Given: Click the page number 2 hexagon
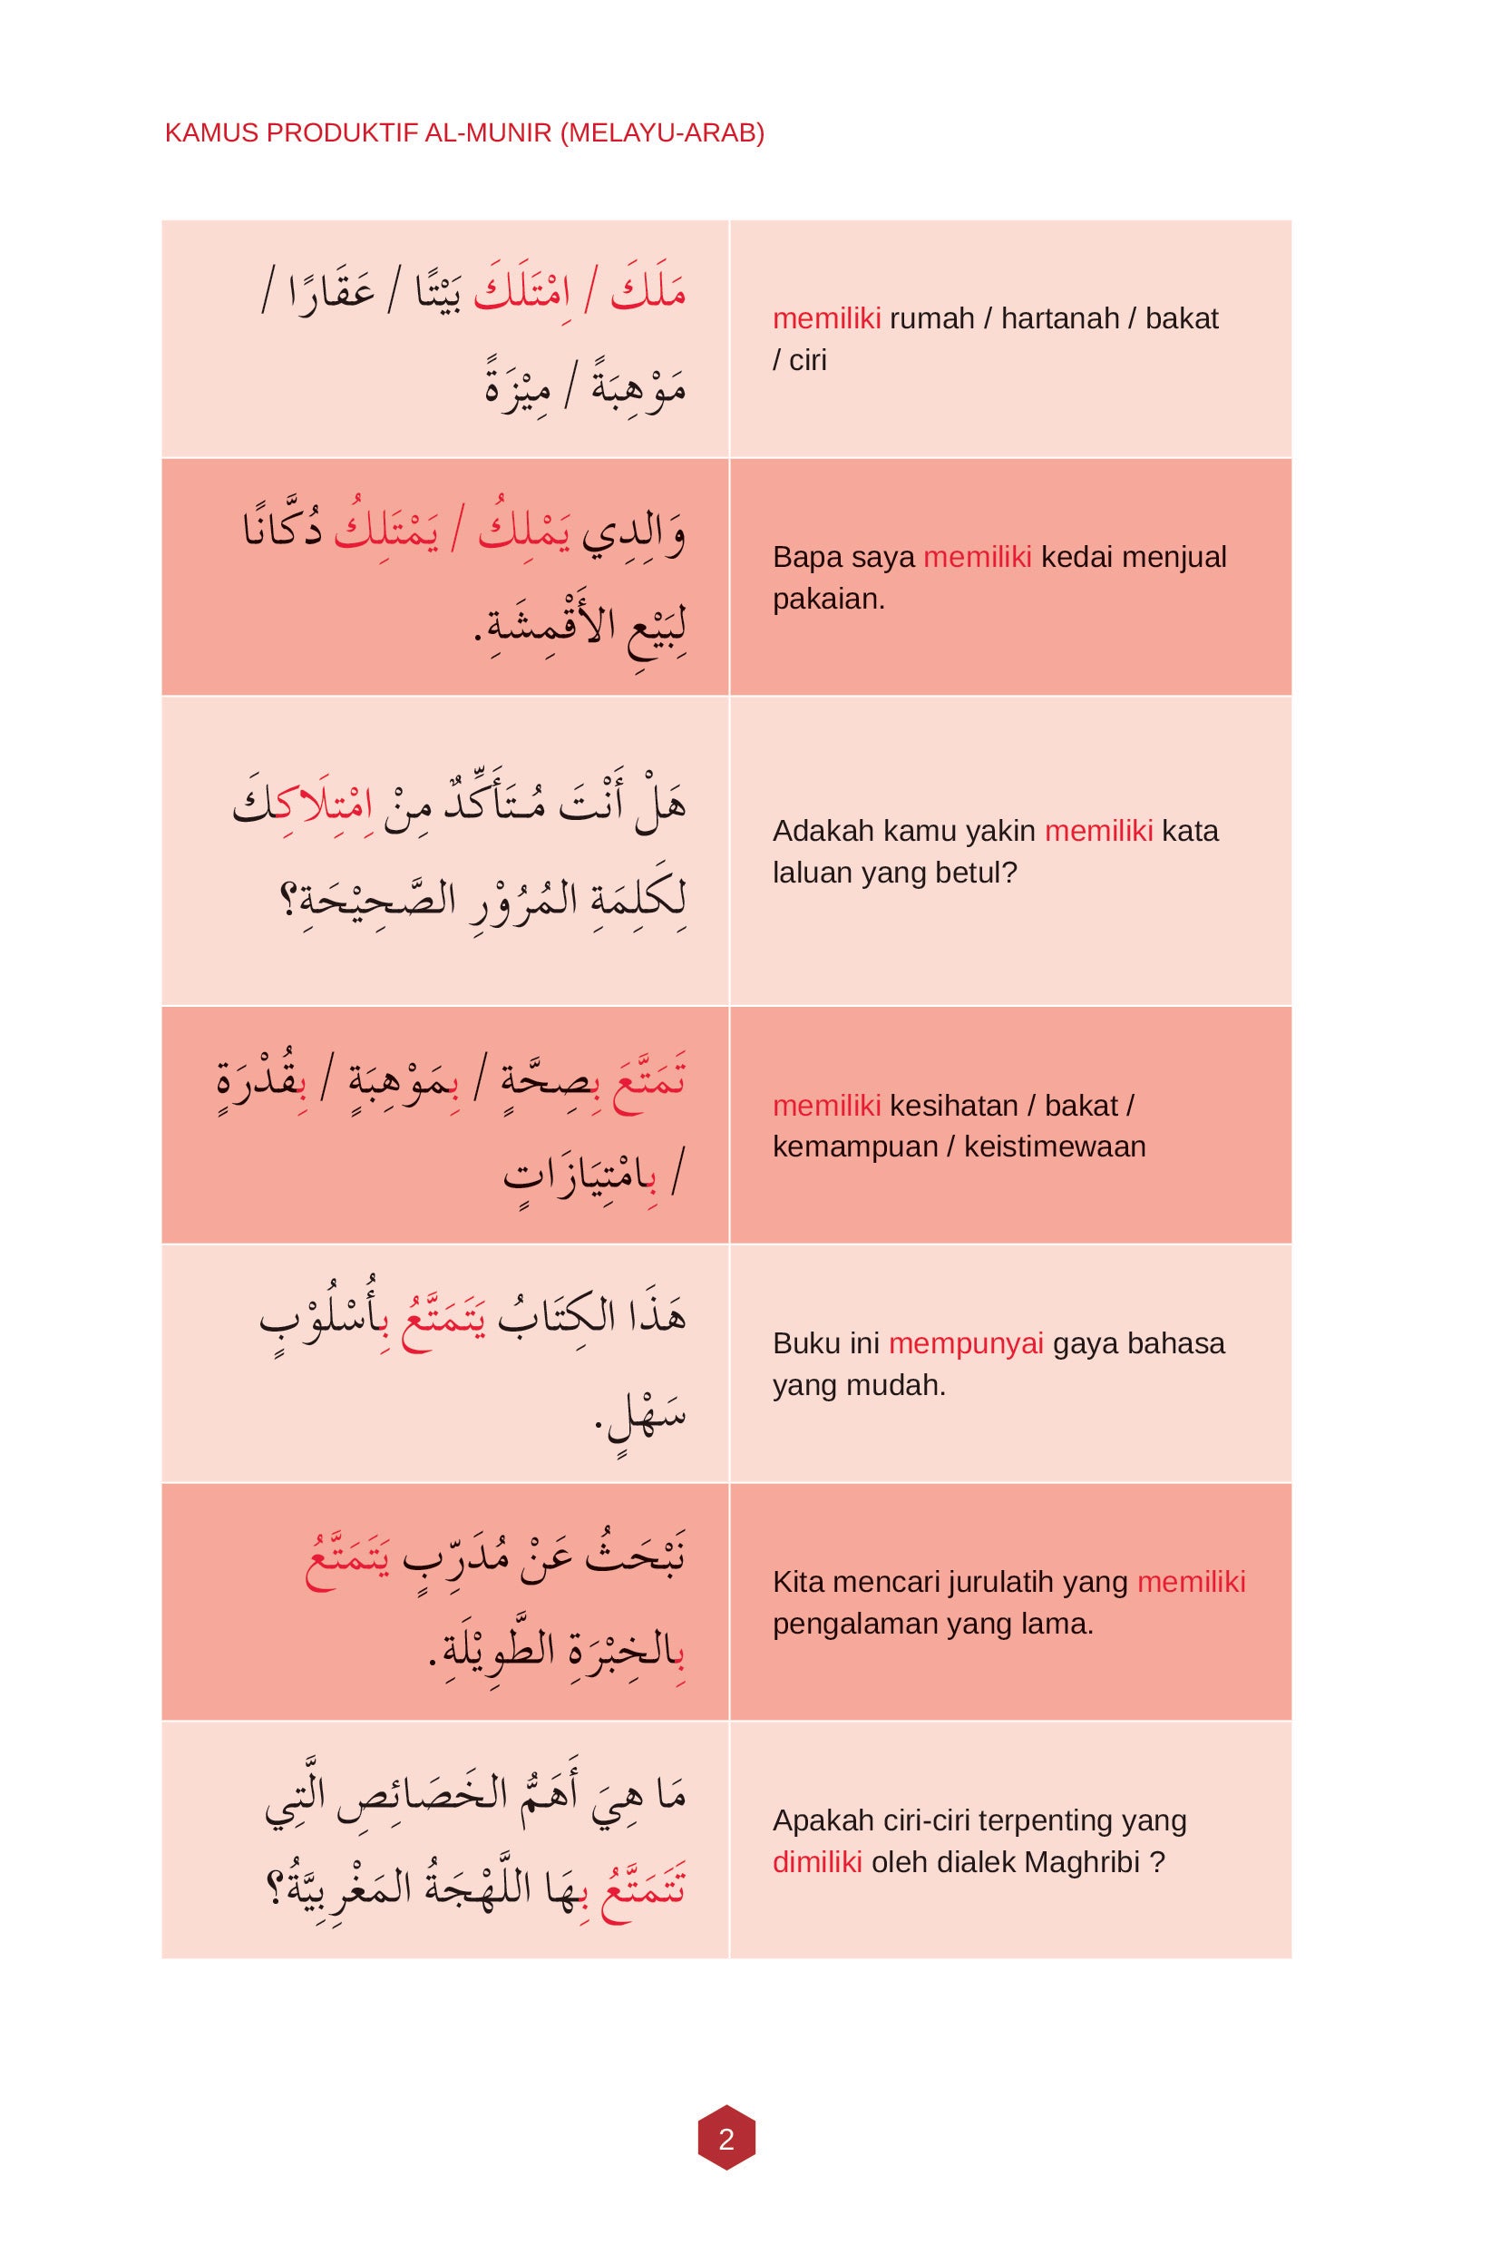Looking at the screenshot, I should tap(726, 2138).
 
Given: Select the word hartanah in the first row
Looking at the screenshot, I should tap(1060, 318).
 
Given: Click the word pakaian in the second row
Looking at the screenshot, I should tap(825, 599).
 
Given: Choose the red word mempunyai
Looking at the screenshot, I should tap(965, 1343).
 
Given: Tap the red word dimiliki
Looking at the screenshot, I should tap(817, 1862).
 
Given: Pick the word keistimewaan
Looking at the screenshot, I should tap(1054, 1147).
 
